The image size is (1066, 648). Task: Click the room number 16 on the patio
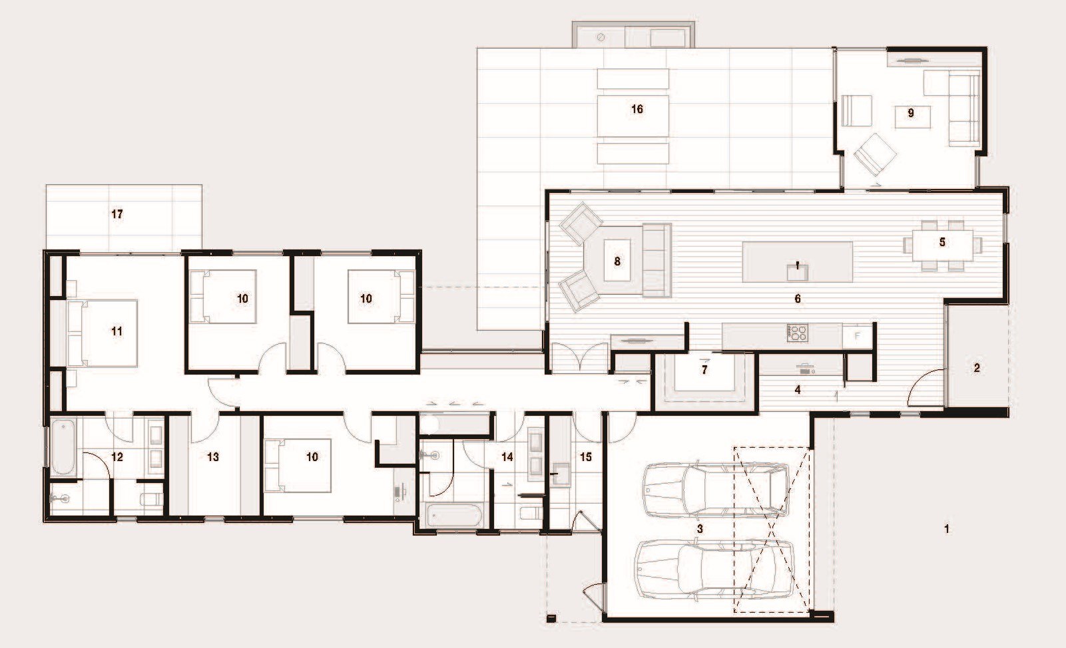click(x=637, y=109)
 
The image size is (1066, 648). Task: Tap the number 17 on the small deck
click(x=117, y=214)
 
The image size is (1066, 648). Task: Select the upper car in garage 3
click(x=715, y=490)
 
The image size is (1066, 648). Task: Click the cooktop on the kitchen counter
click(x=797, y=333)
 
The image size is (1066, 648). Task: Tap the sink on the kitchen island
click(x=796, y=271)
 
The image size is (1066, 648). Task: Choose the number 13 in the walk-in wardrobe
click(x=213, y=457)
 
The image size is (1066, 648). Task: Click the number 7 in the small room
click(x=704, y=370)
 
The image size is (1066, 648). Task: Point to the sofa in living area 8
click(x=656, y=260)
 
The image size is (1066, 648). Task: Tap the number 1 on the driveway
click(x=946, y=530)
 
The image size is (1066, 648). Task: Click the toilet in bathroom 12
click(x=152, y=499)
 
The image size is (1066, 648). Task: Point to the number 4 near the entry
click(x=797, y=390)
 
